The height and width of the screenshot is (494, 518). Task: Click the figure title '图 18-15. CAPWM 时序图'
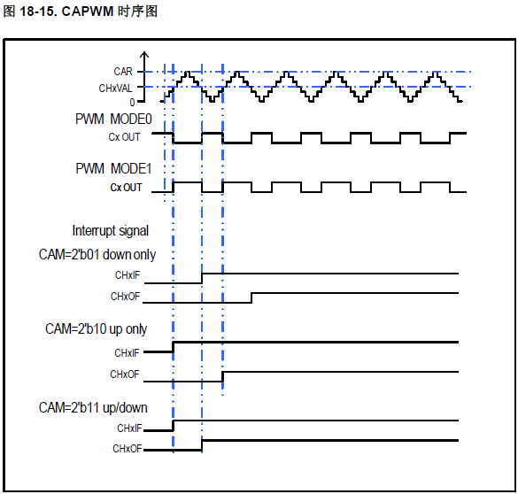click(x=81, y=12)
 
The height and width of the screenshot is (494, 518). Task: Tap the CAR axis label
click(x=123, y=72)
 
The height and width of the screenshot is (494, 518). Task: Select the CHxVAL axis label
click(x=115, y=89)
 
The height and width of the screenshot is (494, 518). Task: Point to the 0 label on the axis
click(x=132, y=103)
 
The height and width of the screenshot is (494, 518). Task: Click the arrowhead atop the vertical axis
click(x=144, y=55)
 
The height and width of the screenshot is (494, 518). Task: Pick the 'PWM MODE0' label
click(x=113, y=119)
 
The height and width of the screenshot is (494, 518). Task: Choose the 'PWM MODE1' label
click(x=113, y=168)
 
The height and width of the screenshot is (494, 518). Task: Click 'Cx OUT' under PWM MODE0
click(x=124, y=136)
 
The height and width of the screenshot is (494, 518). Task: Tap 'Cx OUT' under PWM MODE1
click(x=126, y=187)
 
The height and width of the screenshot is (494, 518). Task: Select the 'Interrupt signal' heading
click(x=111, y=230)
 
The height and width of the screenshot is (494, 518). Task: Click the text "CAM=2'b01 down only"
click(x=97, y=255)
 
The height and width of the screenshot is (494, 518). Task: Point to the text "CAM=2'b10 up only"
click(x=97, y=329)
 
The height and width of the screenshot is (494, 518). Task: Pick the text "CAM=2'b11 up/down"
click(x=93, y=407)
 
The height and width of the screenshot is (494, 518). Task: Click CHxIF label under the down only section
click(x=128, y=275)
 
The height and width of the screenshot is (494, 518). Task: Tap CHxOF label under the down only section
click(x=125, y=297)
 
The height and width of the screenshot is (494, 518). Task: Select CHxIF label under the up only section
click(x=127, y=353)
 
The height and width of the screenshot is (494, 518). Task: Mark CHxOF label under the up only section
click(x=125, y=374)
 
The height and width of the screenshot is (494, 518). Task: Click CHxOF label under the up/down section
click(x=128, y=449)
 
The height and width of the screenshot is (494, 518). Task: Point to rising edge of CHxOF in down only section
click(x=251, y=297)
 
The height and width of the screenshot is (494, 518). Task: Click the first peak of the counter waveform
click(x=188, y=72)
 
